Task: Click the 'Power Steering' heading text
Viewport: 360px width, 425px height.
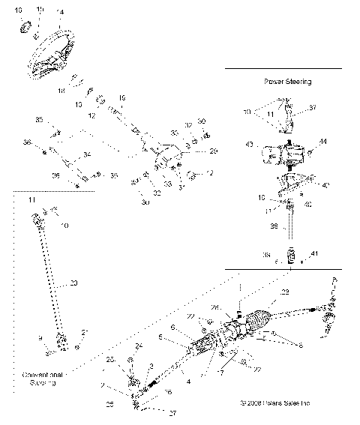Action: tap(288, 80)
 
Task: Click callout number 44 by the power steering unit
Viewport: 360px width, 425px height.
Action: tap(323, 142)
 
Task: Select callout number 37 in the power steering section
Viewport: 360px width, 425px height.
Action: tap(313, 108)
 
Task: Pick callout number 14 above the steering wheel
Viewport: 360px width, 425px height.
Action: tap(61, 13)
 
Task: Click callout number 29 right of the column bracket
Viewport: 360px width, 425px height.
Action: tap(213, 152)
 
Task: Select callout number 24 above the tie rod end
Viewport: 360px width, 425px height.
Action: tap(139, 346)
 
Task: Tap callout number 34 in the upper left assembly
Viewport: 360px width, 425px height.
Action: tap(88, 155)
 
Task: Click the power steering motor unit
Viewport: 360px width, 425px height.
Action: tap(283, 154)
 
